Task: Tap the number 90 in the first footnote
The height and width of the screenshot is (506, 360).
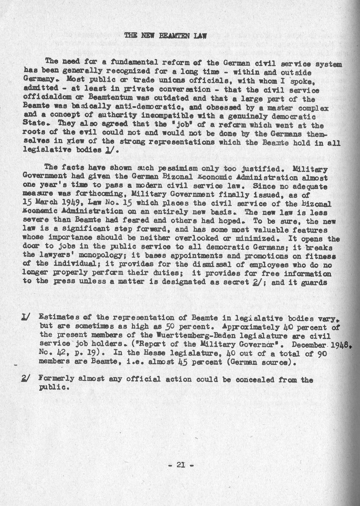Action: (321, 353)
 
